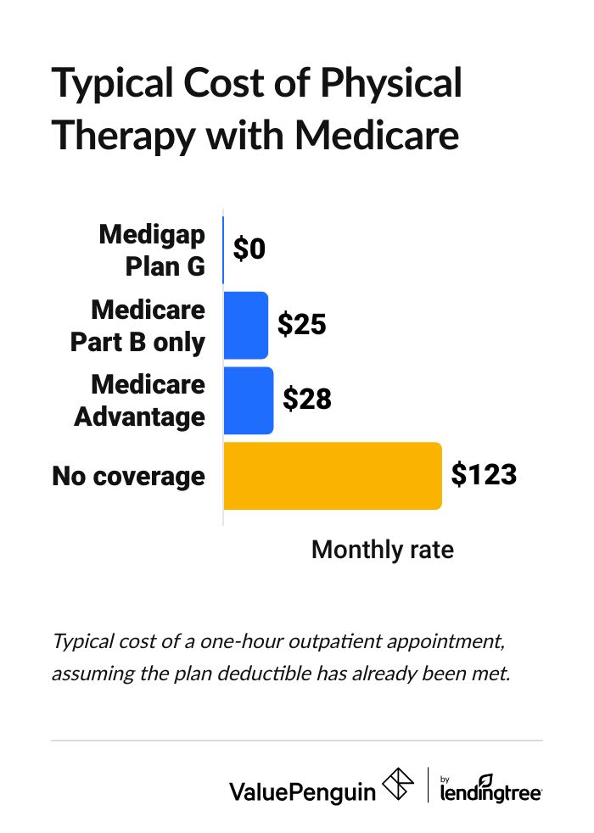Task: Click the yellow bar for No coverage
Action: [332, 476]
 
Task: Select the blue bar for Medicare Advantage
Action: [248, 400]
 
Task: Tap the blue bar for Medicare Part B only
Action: [245, 325]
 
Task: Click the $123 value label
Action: [483, 475]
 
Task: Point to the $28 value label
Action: [306, 400]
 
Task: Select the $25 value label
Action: [302, 324]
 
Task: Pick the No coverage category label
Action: [128, 476]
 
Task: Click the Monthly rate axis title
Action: [382, 550]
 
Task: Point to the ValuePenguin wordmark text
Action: [302, 791]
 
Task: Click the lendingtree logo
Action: [491, 788]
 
